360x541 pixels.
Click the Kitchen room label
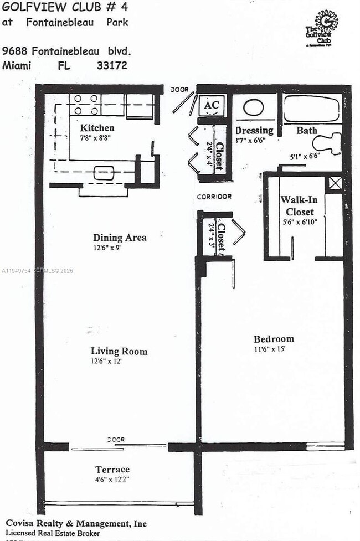point(97,127)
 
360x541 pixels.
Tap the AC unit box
point(212,105)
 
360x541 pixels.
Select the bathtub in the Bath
point(311,109)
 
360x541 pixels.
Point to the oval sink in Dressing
point(254,109)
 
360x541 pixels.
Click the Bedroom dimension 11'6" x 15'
point(274,349)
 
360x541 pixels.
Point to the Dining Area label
point(120,238)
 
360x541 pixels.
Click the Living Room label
point(119,351)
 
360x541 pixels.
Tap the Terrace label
point(112,470)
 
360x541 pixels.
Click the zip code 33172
point(112,65)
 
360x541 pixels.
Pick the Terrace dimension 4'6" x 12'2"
point(112,479)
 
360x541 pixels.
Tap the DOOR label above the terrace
point(116,439)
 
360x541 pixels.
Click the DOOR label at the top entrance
point(179,89)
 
